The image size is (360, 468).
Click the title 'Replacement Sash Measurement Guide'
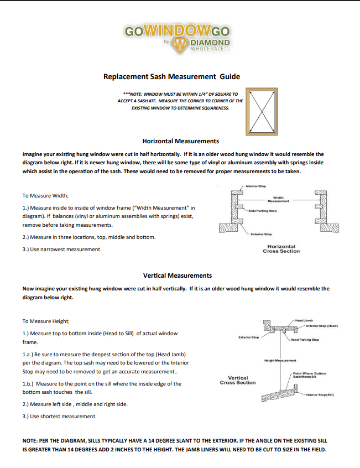click(172, 76)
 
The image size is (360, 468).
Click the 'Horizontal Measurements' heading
click(181, 141)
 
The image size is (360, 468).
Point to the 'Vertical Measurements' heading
click(178, 275)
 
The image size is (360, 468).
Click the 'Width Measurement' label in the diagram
click(279, 199)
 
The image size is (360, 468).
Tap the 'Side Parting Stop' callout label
click(262, 211)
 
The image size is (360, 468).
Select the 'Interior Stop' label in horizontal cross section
click(255, 187)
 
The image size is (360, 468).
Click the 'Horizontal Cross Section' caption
click(281, 249)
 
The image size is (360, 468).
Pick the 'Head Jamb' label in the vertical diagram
click(304, 320)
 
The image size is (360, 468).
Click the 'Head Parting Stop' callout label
click(305, 340)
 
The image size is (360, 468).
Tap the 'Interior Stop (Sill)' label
click(319, 394)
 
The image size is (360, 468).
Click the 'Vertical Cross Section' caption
click(238, 380)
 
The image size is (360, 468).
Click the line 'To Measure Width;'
click(45, 195)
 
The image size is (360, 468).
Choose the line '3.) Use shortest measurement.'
click(59, 416)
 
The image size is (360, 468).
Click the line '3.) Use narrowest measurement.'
click(61, 249)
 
